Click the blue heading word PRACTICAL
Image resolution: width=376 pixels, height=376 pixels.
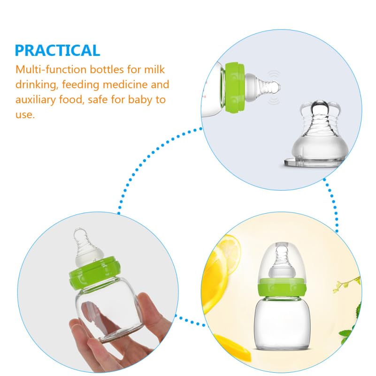[x=57, y=50]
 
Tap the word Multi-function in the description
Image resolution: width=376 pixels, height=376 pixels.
[x=51, y=69]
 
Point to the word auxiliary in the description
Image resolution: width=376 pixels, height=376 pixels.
[x=36, y=100]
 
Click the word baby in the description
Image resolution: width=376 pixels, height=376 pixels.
[x=140, y=100]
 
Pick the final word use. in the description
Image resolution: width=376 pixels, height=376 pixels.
[x=25, y=115]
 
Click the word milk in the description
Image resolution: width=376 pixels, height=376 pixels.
[x=154, y=69]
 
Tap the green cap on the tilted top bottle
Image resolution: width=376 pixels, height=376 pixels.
[x=235, y=87]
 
